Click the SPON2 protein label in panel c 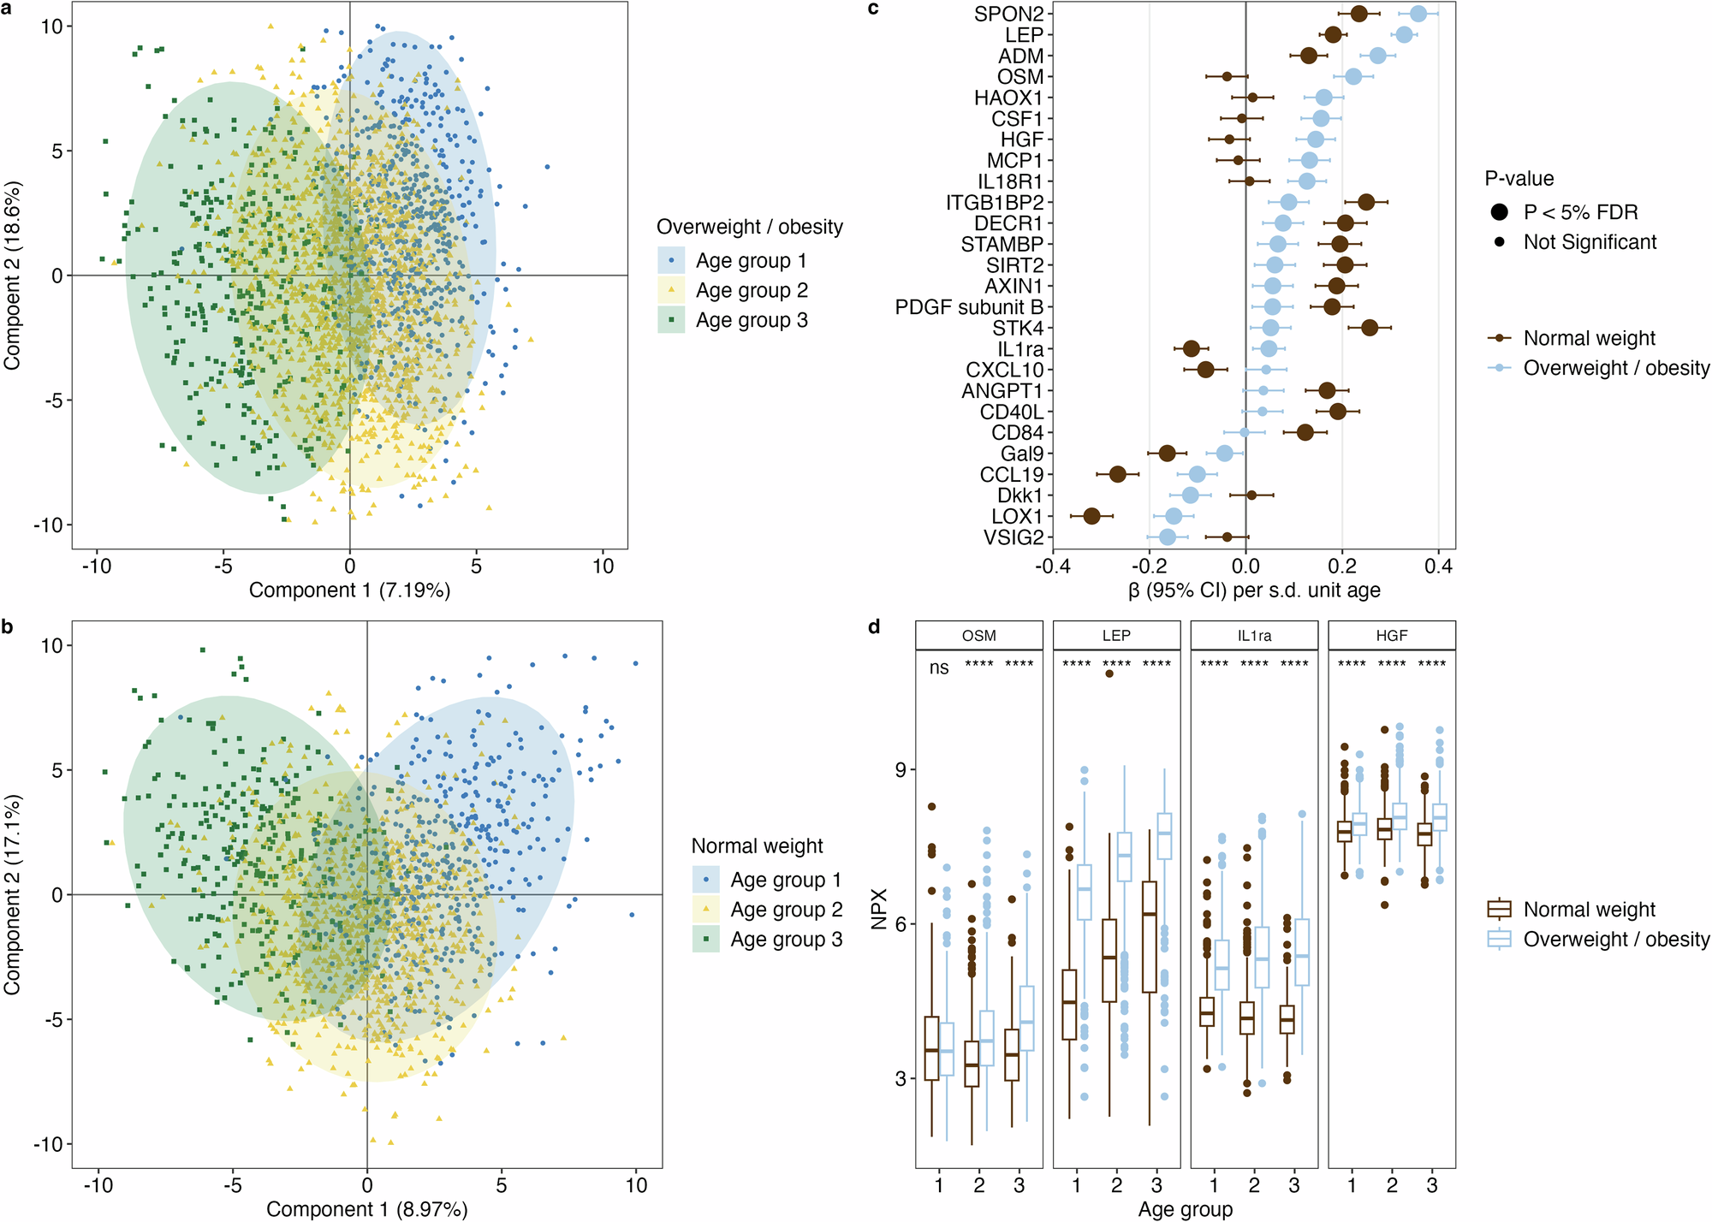coord(1008,14)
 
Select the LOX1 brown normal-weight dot coord(1091,516)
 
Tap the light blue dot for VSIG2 coord(1168,537)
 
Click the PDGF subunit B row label coord(969,307)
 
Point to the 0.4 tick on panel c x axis coord(1439,566)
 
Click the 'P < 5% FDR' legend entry coord(1580,212)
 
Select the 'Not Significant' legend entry coord(1589,242)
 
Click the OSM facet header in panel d coord(978,636)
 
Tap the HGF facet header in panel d coord(1391,636)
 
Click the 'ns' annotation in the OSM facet coord(939,667)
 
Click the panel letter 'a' coord(8,8)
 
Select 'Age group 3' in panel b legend coord(785,940)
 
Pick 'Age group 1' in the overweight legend coord(750,260)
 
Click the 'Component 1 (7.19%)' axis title coord(349,590)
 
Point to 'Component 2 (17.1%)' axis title coord(12,894)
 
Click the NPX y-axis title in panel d coord(879,909)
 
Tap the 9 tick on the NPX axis coord(901,769)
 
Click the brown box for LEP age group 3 coord(1150,937)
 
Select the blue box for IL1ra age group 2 coord(1262,957)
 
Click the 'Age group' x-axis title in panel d coord(1185,1209)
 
